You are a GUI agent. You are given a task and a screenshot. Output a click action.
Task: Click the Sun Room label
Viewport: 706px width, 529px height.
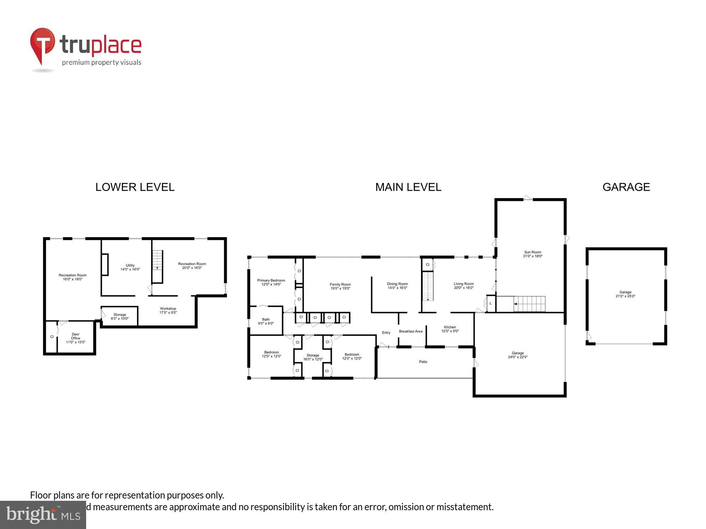(x=532, y=252)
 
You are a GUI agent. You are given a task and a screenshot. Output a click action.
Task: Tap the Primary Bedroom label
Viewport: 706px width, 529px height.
(x=271, y=280)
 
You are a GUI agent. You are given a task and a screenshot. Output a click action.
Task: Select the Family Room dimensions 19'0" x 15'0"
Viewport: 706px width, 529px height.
(x=340, y=288)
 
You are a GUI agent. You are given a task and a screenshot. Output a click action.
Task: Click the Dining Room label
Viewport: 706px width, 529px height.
(x=397, y=284)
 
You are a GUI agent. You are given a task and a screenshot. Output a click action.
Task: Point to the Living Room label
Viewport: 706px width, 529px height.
(x=463, y=284)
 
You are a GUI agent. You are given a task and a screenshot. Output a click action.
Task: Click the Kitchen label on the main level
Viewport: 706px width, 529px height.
(x=450, y=327)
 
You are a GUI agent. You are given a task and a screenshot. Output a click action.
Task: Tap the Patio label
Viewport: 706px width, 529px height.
(x=423, y=362)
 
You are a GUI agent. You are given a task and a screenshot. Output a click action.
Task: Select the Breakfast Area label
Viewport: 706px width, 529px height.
(x=411, y=332)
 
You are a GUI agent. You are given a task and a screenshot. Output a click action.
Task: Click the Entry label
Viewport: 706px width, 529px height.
(x=386, y=333)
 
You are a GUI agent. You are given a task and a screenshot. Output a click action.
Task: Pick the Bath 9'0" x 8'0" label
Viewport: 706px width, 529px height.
(x=266, y=321)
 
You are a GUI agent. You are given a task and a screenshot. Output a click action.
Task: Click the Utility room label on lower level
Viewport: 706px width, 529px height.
(x=130, y=266)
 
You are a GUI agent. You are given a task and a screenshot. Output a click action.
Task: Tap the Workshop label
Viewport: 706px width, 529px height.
(x=168, y=309)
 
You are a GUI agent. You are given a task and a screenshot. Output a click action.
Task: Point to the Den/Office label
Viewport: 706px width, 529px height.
(x=76, y=336)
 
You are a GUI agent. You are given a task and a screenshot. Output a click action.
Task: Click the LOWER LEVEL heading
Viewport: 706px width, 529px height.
(x=135, y=187)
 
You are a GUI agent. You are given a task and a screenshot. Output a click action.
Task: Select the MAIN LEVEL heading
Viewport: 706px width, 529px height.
(x=408, y=187)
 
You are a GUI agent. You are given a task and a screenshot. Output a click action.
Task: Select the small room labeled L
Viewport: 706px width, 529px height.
(x=491, y=304)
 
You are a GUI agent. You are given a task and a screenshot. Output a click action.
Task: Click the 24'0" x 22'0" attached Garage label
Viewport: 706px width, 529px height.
(x=517, y=355)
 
